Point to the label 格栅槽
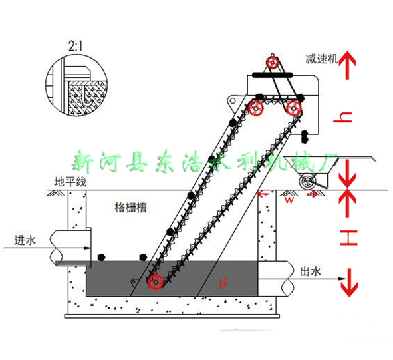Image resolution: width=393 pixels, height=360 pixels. click(130, 207)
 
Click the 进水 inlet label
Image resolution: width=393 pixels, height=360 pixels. click(25, 241)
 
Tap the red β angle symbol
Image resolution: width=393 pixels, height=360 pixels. click(223, 281)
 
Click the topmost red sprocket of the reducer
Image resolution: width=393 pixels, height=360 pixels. click(271, 63)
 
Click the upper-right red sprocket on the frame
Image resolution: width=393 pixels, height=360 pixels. click(293, 108)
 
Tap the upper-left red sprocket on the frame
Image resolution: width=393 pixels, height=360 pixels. click(256, 108)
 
